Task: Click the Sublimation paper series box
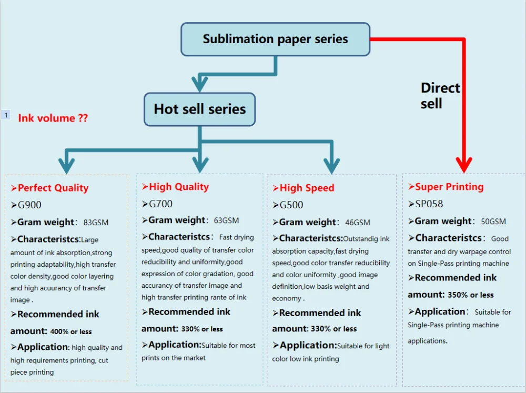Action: coord(276,39)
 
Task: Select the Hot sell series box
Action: coord(199,109)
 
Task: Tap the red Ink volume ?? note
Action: coord(53,118)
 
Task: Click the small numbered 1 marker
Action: coord(6,115)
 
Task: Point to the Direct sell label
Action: coord(440,96)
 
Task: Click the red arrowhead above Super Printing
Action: coord(464,165)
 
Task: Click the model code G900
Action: coord(29,205)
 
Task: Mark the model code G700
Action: coord(160,204)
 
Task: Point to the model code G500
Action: coord(291,205)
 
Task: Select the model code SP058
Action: coord(429,204)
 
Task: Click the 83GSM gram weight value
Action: coord(96,223)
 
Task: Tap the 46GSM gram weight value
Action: coord(358,223)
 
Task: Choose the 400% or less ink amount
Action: coord(71,331)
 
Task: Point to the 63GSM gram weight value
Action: coord(226,220)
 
